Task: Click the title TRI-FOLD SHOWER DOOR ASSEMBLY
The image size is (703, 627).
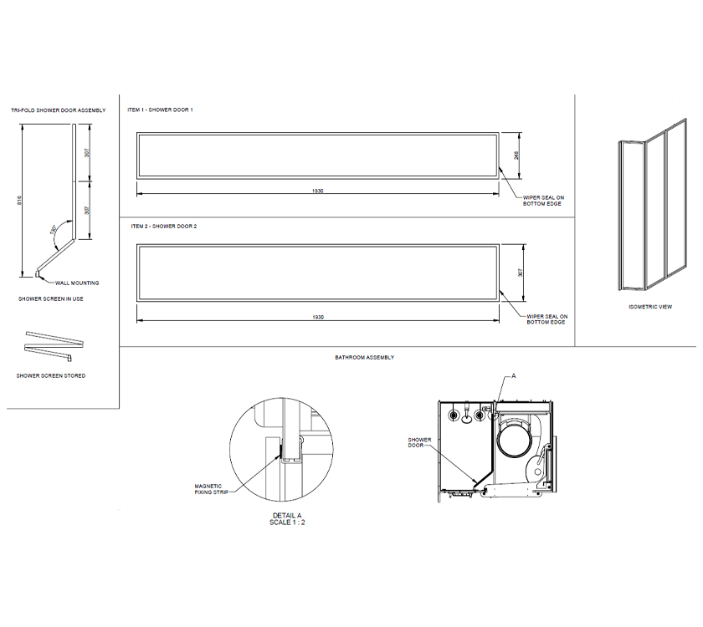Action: [58, 110]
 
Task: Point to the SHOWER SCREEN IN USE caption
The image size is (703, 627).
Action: [50, 298]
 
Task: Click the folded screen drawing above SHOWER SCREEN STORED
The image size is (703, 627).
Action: [55, 339]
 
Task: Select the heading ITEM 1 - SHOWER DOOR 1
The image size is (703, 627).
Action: [160, 110]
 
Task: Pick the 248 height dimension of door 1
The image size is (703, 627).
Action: [517, 155]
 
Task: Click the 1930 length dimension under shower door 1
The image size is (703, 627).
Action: [318, 191]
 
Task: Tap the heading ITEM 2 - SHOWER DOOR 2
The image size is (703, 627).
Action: [163, 227]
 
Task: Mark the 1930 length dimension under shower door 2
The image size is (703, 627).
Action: [318, 318]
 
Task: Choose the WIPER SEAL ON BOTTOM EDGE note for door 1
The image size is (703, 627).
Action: [543, 201]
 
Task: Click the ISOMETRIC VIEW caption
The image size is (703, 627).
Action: [650, 307]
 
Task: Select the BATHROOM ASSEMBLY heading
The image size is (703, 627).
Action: [364, 357]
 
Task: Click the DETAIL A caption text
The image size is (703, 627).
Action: [287, 515]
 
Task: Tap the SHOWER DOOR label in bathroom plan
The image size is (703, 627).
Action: [419, 442]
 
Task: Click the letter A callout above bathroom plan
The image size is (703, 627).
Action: [515, 377]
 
